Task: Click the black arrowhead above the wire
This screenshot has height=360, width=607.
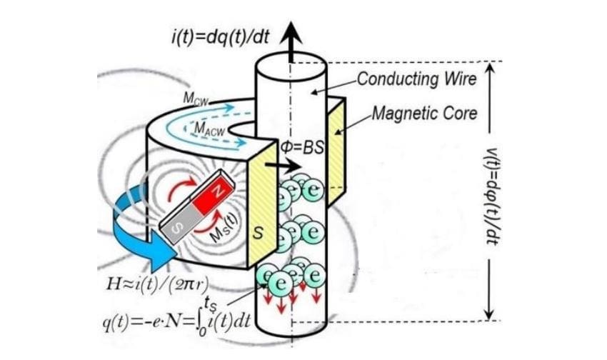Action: point(291,31)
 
